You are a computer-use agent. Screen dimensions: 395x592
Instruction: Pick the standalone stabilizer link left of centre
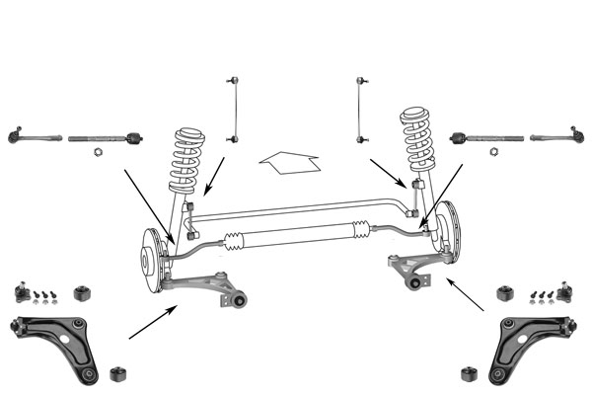[234, 109]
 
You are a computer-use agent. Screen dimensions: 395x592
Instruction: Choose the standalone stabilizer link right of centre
[360, 106]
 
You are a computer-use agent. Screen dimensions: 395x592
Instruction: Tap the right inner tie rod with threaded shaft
[483, 138]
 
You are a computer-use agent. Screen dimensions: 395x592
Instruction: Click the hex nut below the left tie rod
[99, 153]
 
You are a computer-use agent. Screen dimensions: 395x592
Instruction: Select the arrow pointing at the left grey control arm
[153, 323]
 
